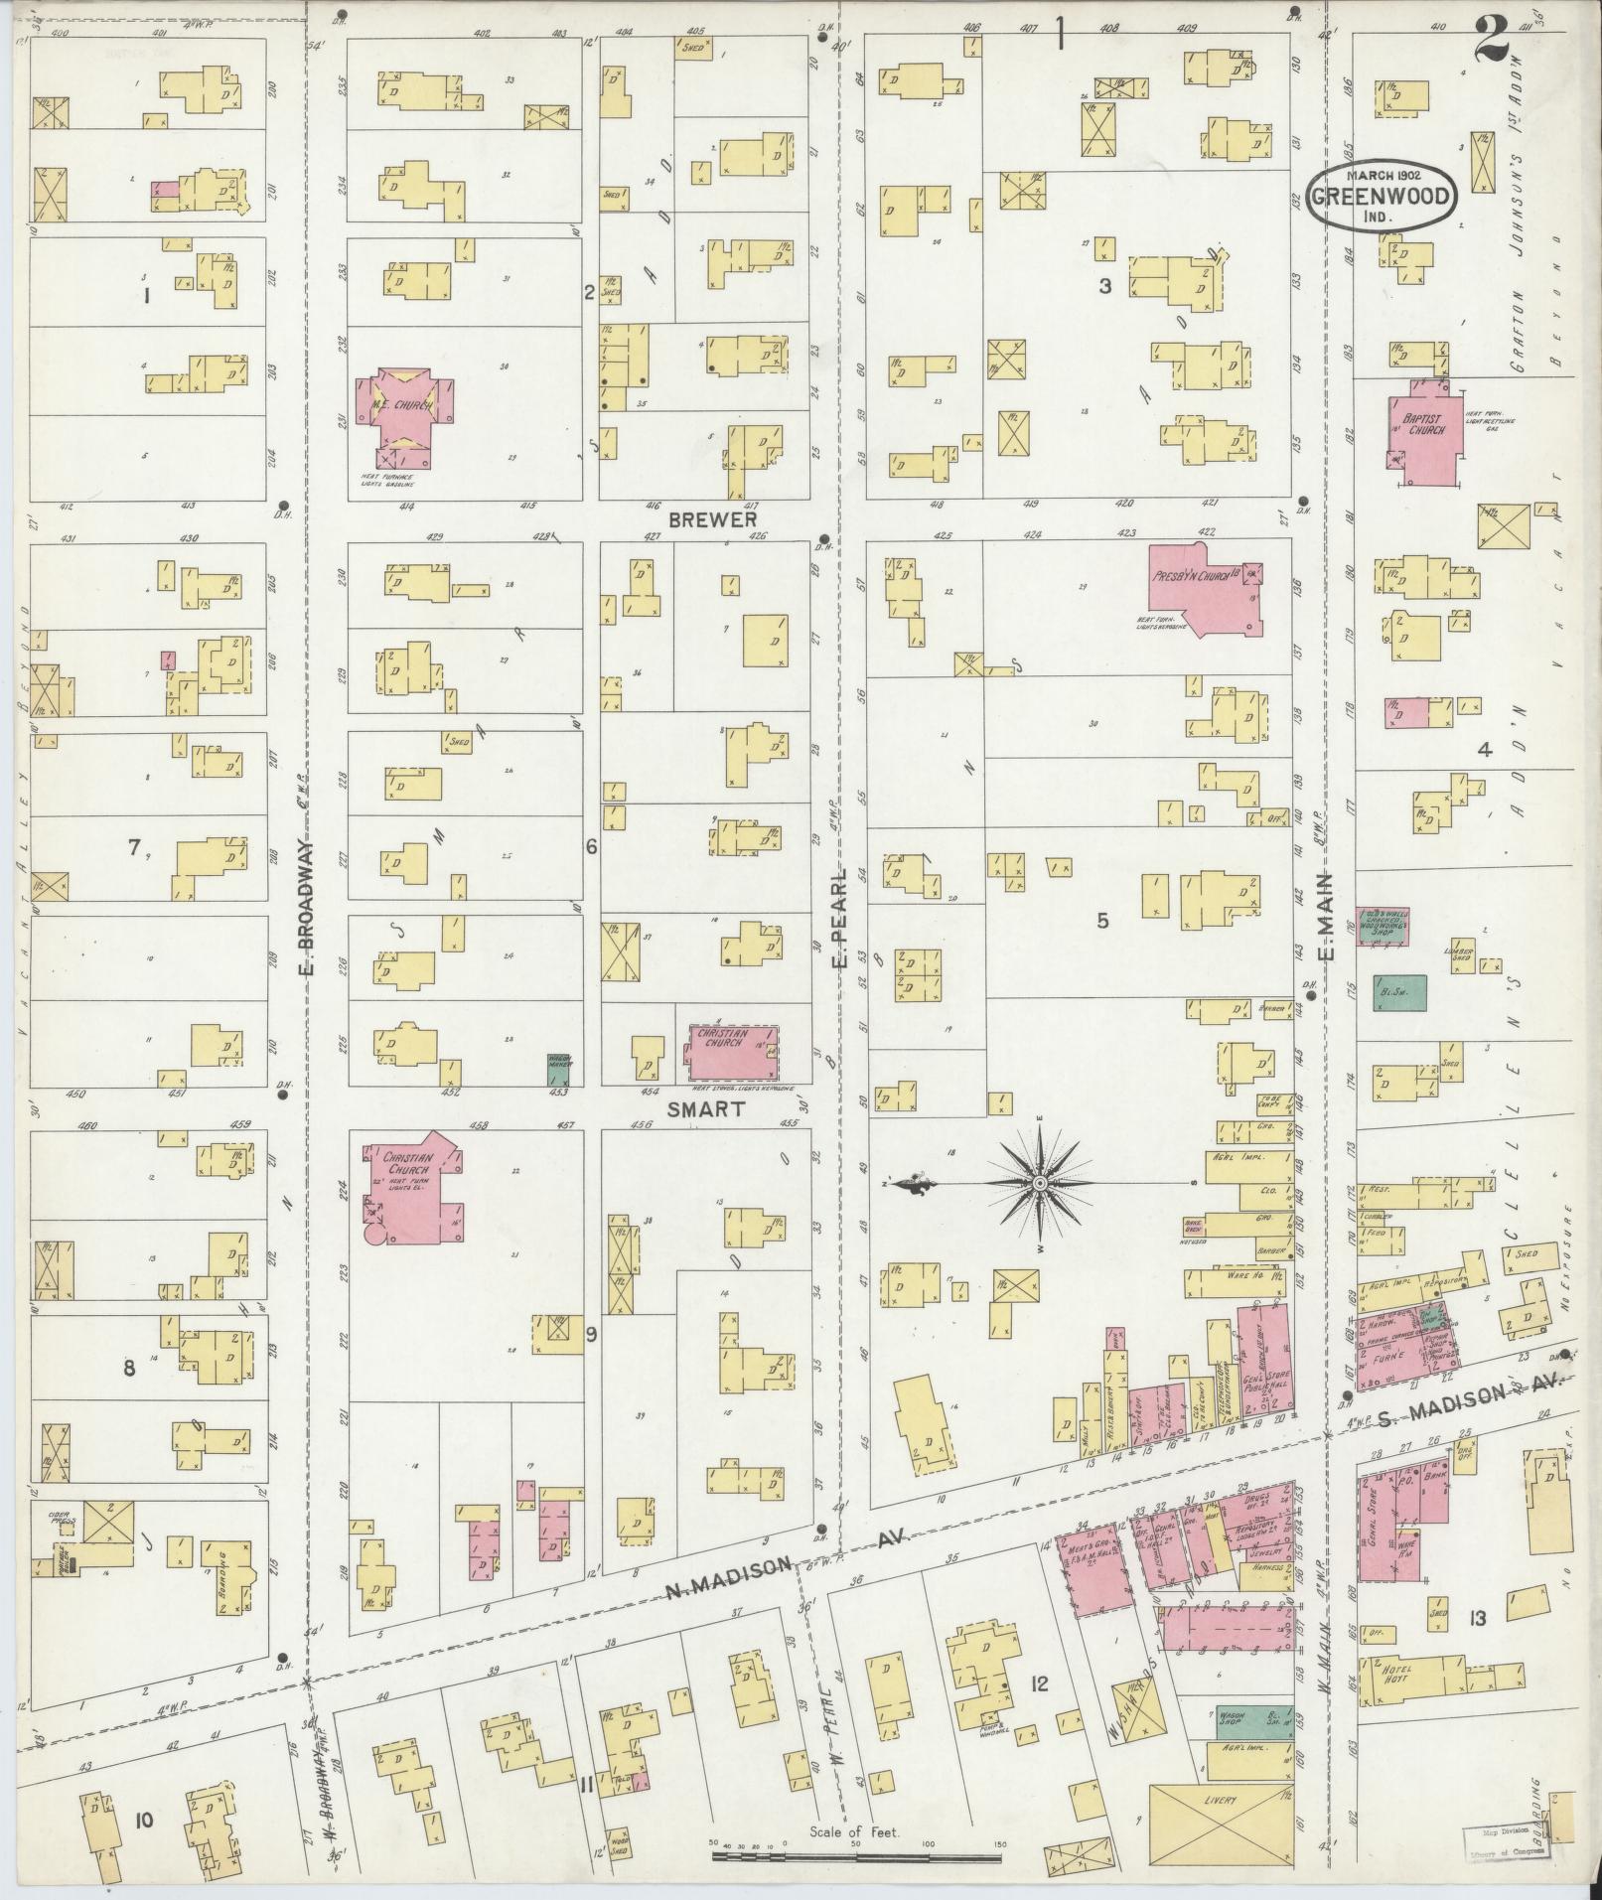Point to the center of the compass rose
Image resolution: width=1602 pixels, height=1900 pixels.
(x=1039, y=1184)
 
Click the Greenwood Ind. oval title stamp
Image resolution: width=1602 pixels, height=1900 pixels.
(x=1382, y=196)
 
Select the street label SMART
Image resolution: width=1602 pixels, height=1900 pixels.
(x=705, y=1109)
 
